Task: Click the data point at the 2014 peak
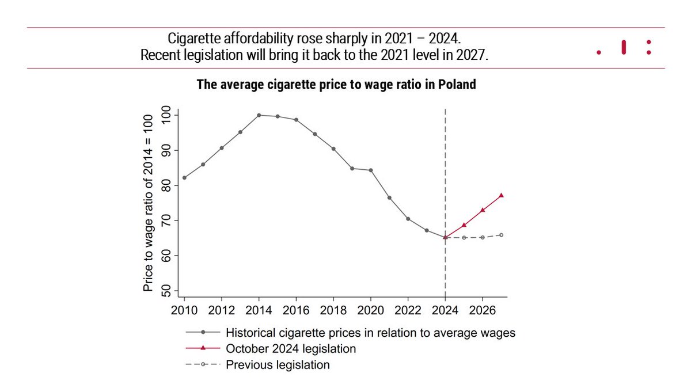[259, 115]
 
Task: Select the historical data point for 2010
[184, 178]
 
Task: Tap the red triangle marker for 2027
[501, 195]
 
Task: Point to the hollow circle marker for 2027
[501, 235]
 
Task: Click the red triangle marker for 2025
[464, 225]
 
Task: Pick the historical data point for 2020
[370, 170]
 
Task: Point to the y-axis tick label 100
[168, 115]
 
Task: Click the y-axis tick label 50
[168, 291]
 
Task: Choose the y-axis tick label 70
[168, 220]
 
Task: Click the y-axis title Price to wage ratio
[148, 203]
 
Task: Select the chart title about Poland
[336, 85]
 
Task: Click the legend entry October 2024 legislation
[291, 349]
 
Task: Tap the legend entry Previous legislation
[278, 365]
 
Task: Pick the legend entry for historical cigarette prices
[370, 333]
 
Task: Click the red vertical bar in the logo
[624, 47]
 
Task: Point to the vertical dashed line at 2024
[445, 173]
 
